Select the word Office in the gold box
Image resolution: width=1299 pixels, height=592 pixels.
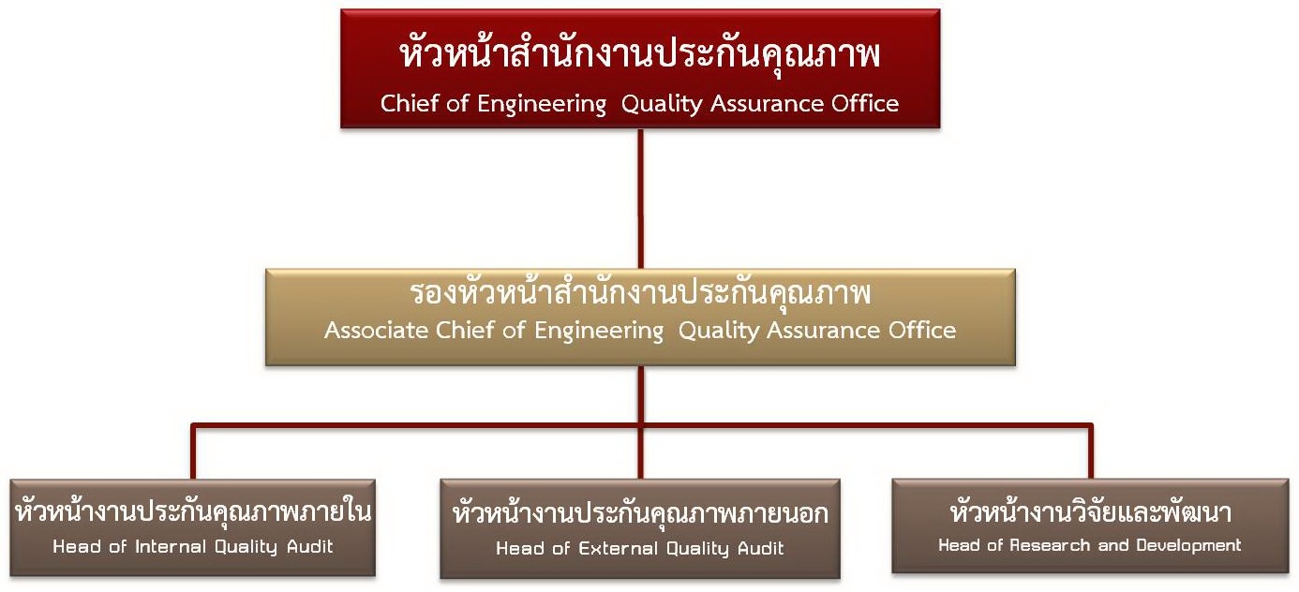click(923, 331)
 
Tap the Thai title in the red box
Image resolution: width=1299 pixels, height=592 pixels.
click(640, 56)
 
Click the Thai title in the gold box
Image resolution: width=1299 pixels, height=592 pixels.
click(640, 293)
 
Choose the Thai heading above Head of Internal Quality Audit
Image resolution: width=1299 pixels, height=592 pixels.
click(194, 512)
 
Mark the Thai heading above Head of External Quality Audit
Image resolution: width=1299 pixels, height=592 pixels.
click(640, 513)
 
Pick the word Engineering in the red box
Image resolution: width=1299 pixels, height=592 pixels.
click(542, 104)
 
